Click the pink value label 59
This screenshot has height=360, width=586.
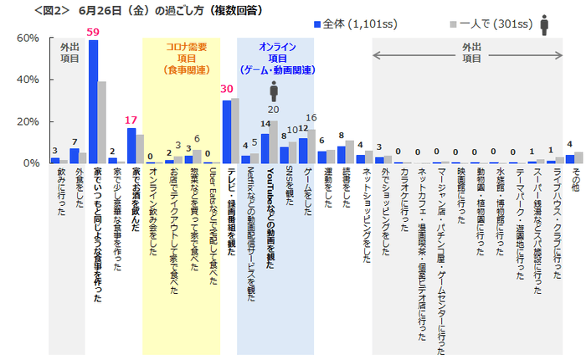[x=94, y=33]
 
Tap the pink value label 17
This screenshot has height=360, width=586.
[x=131, y=120]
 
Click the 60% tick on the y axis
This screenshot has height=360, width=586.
[x=28, y=39]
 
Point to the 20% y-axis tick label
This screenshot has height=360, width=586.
[x=28, y=121]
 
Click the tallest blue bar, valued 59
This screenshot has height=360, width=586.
[x=94, y=100]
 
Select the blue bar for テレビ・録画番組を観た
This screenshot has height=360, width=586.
[x=226, y=131]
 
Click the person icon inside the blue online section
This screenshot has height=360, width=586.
[x=274, y=90]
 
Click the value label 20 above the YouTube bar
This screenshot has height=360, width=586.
[x=273, y=110]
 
